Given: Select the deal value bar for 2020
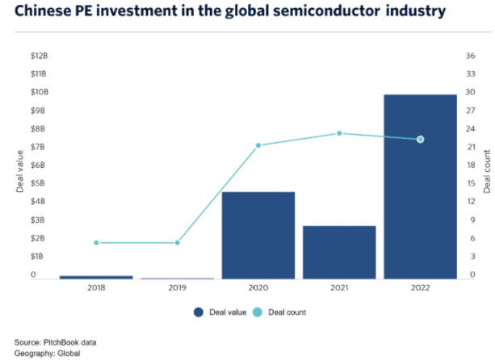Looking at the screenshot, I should pyautogui.click(x=258, y=235).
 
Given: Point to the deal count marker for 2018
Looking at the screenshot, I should pyautogui.click(x=96, y=242).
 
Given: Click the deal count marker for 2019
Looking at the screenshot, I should pyautogui.click(x=177, y=242).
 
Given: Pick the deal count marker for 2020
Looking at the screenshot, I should pyautogui.click(x=258, y=145).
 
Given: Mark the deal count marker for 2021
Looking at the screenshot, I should pyautogui.click(x=338, y=133).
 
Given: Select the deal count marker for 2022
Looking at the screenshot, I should pyautogui.click(x=420, y=140).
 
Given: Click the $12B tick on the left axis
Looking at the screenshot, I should pyautogui.click(x=38, y=56).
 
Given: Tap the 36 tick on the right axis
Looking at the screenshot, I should pyautogui.click(x=469, y=56).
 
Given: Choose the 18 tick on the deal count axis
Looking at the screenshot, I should pyautogui.click(x=469, y=165).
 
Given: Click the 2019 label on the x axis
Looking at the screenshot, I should pyautogui.click(x=177, y=287).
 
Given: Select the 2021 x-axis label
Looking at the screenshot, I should pyautogui.click(x=338, y=287).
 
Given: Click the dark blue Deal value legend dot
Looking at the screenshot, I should pyautogui.click(x=197, y=312).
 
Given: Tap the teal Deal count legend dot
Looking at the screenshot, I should pyautogui.click(x=257, y=312).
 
